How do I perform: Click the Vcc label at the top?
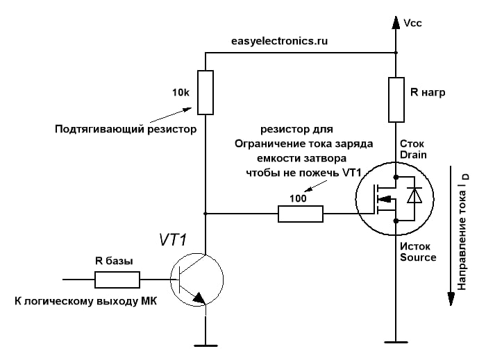[412, 23]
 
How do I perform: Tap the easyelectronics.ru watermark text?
[279, 41]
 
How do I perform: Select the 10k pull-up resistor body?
[206, 92]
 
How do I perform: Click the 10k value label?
[181, 92]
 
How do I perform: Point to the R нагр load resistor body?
[396, 100]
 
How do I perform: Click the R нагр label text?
[428, 92]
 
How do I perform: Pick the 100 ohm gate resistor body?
[301, 214]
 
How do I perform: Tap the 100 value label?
[298, 198]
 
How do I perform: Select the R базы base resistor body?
[117, 280]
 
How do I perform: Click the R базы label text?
[114, 261]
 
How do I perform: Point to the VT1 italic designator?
[173, 240]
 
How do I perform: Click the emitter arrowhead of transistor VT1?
[199, 298]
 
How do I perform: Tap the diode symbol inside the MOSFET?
[414, 196]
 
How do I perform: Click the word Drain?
[413, 155]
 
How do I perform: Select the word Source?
[418, 257]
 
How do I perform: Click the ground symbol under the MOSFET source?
[396, 343]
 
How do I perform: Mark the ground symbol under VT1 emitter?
[206, 345]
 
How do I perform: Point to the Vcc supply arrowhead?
[396, 22]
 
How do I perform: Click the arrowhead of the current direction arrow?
[451, 299]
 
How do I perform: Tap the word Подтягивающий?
[99, 129]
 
